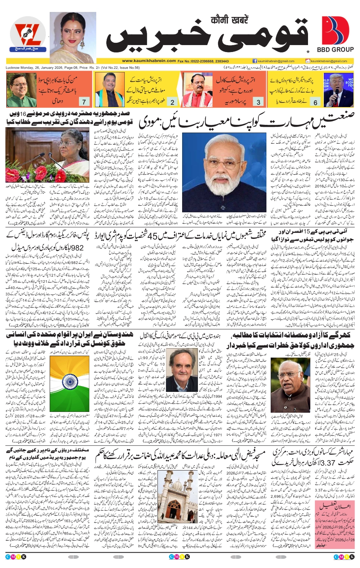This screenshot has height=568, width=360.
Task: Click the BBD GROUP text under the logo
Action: click(x=335, y=50)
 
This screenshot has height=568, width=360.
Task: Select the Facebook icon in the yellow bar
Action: click(x=255, y=61)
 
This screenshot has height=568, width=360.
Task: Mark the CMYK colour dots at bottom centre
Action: click(x=179, y=557)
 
